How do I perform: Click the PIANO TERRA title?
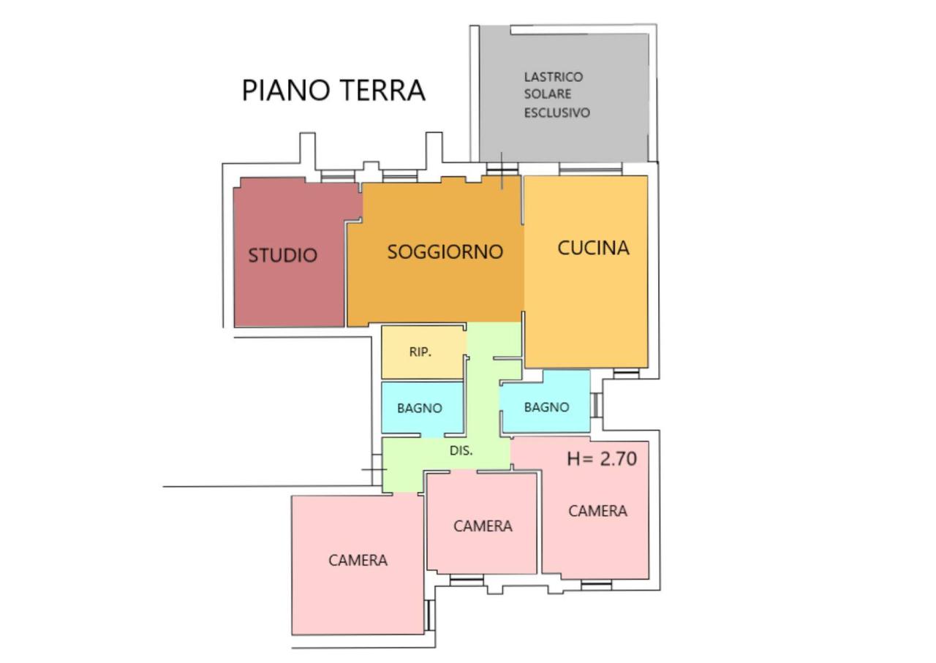click(x=333, y=90)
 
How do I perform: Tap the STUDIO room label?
click(x=283, y=255)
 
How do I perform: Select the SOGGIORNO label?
click(x=445, y=251)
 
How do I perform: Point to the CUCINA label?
click(x=593, y=248)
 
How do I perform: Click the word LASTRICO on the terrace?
click(x=554, y=77)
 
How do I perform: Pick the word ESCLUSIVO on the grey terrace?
click(x=557, y=113)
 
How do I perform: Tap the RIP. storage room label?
click(x=420, y=352)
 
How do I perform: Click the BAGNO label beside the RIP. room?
click(x=420, y=408)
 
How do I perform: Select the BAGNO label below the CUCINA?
click(x=546, y=407)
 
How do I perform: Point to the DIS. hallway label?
click(x=461, y=451)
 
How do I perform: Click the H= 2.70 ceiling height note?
click(x=602, y=459)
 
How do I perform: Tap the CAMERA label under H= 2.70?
click(x=597, y=511)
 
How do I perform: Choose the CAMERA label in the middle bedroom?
click(x=483, y=526)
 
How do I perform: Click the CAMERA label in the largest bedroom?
click(x=358, y=560)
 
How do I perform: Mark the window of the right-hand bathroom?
click(x=596, y=405)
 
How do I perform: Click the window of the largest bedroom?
click(x=429, y=615)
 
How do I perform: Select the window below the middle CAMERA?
click(x=467, y=580)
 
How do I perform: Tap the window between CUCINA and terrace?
click(x=590, y=169)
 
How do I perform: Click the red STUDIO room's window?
click(x=338, y=176)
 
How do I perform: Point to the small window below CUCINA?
click(x=626, y=373)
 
